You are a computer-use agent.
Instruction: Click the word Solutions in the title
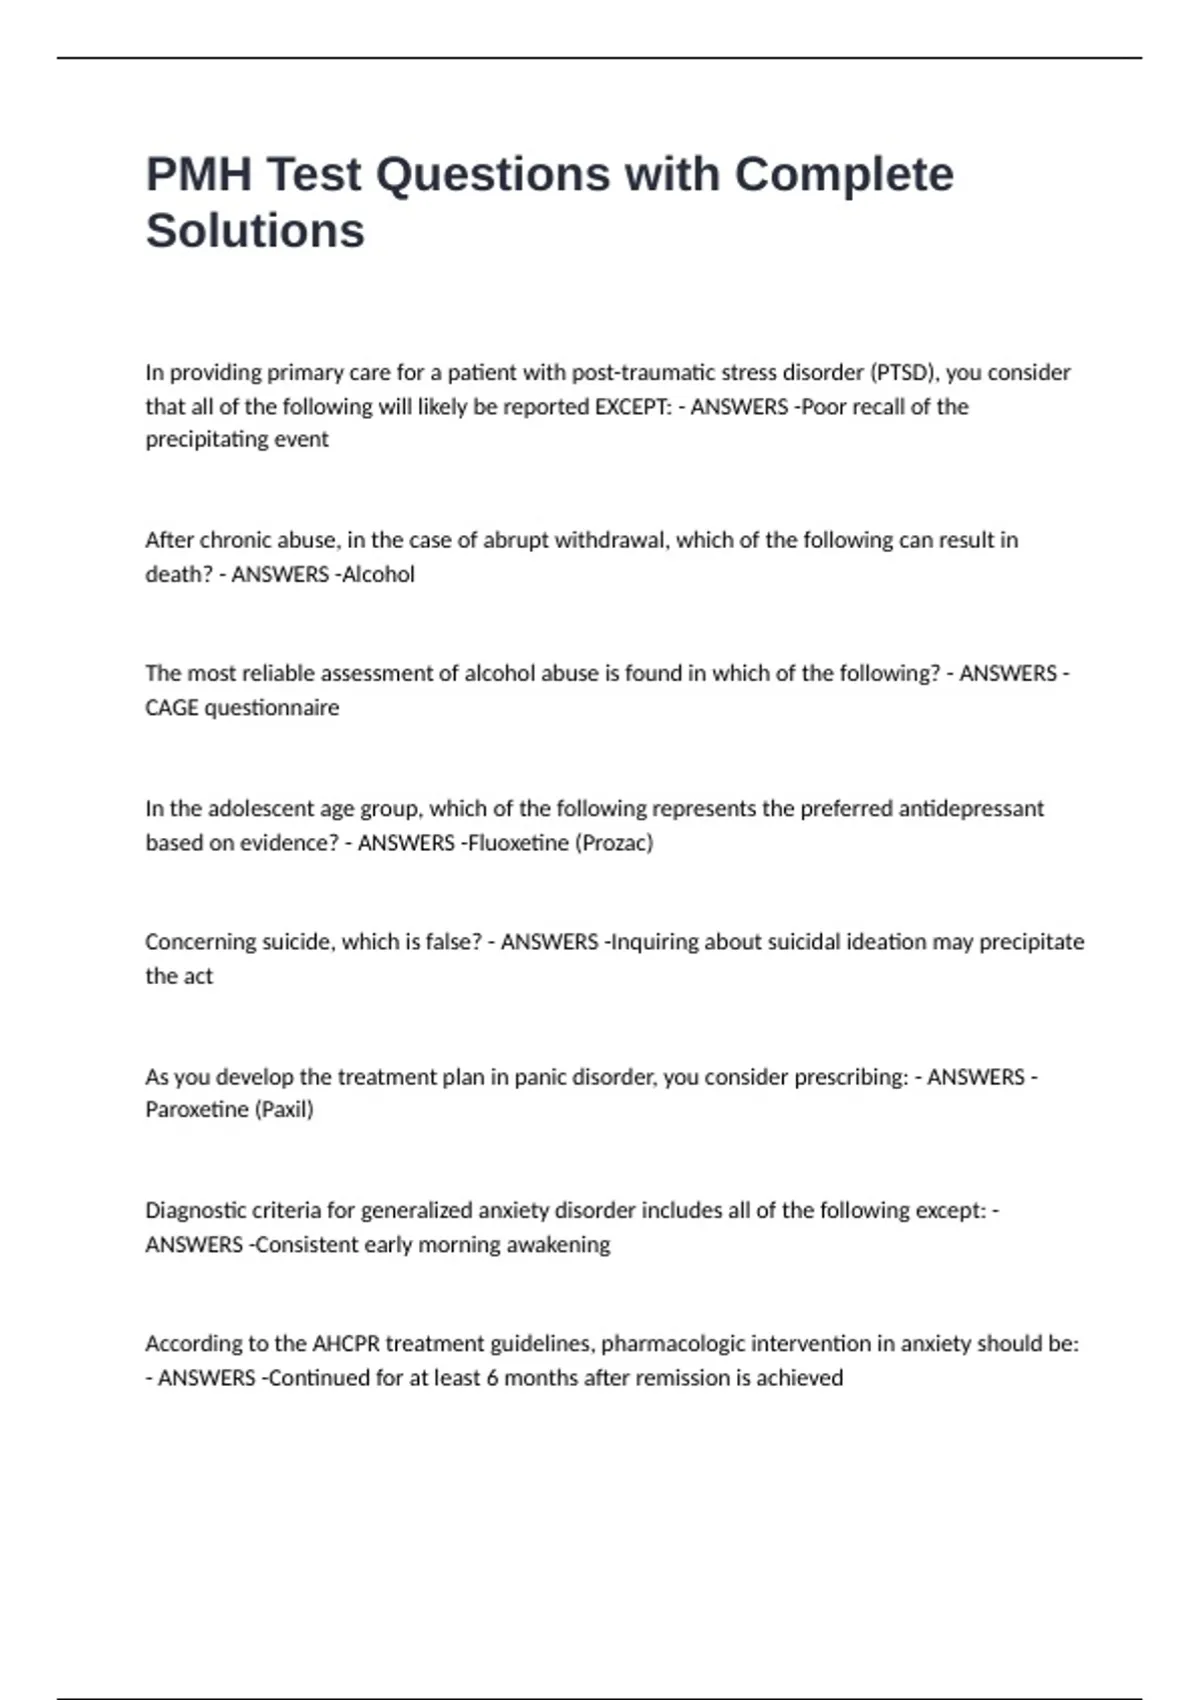point(255,231)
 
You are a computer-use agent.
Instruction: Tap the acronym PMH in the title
point(198,175)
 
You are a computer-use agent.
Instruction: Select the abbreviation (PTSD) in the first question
point(905,373)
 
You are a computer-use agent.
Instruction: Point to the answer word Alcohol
point(378,575)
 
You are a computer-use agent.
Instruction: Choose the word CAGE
point(172,708)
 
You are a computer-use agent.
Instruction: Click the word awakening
point(559,1245)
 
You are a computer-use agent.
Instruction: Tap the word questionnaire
point(271,708)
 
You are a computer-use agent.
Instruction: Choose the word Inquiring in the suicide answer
point(654,942)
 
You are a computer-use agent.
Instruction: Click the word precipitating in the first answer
point(205,440)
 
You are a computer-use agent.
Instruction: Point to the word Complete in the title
point(844,175)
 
